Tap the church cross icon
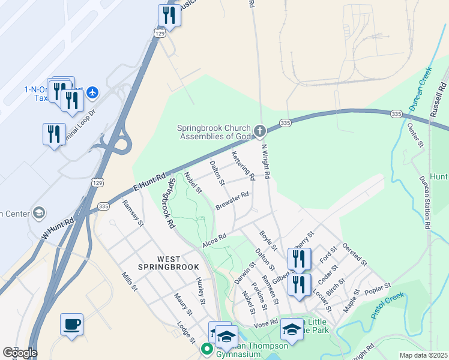tap(260, 131)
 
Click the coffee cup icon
tap(71, 324)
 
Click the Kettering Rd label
tap(243, 166)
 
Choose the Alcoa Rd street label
tap(214, 238)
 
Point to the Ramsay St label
tap(133, 213)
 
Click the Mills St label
tap(129, 281)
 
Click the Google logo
tap(19, 353)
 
